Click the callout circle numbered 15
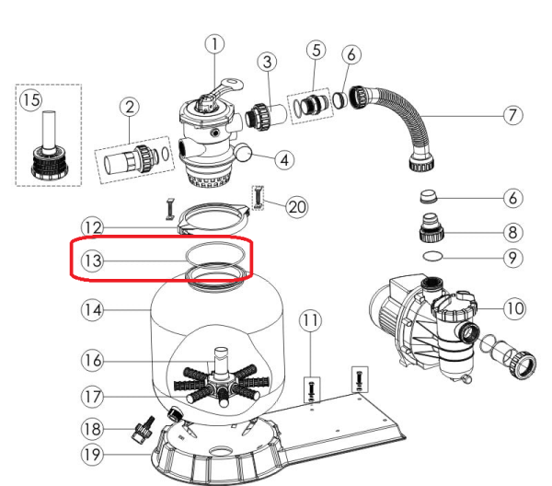click(x=31, y=100)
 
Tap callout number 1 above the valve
click(x=214, y=44)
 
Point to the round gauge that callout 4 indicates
click(x=244, y=152)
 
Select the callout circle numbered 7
click(x=512, y=115)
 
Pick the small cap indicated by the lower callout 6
click(x=429, y=196)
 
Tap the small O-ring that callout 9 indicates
click(x=432, y=256)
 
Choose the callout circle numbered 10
click(x=514, y=308)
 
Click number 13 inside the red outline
click(x=93, y=261)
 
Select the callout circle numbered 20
click(x=297, y=207)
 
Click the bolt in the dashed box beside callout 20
click(x=258, y=198)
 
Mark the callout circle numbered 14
click(x=92, y=310)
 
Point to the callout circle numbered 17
click(x=92, y=397)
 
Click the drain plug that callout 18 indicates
click(x=143, y=429)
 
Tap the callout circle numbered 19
click(x=92, y=455)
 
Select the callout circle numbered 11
click(x=310, y=320)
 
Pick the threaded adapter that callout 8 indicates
click(x=431, y=227)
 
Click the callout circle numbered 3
click(x=267, y=62)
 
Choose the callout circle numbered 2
click(x=130, y=107)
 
